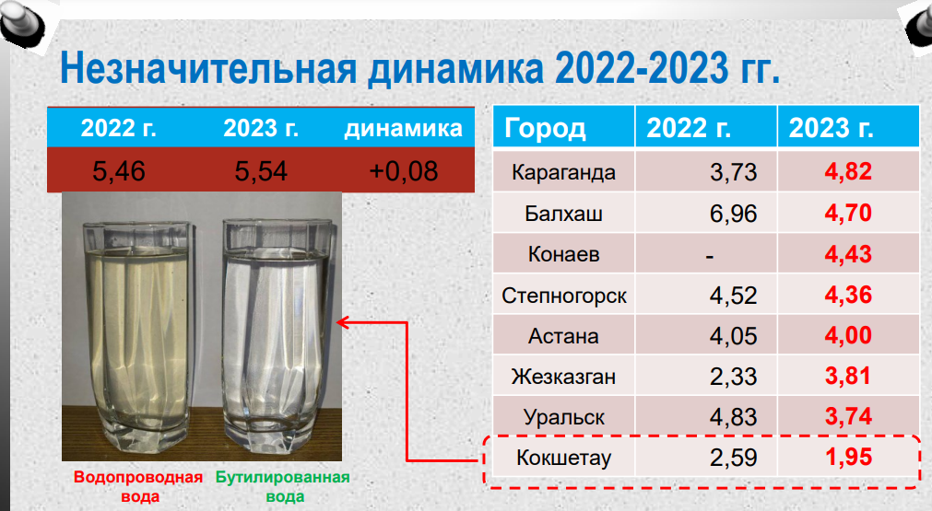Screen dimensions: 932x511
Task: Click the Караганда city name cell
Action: coord(563,172)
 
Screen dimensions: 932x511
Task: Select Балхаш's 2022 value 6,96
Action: coord(733,213)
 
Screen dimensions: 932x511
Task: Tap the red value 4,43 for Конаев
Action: coord(848,254)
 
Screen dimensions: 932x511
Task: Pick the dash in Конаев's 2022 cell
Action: coord(709,257)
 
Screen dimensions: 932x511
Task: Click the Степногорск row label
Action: coord(563,296)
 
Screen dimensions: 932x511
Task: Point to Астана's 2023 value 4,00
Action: coord(848,335)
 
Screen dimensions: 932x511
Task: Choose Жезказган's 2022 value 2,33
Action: coord(733,377)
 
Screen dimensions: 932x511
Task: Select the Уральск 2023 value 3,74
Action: coord(848,417)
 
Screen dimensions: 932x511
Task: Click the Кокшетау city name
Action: coord(563,458)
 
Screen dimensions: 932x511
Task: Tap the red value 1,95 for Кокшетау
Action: coord(848,457)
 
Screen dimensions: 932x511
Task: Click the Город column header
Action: coord(545,129)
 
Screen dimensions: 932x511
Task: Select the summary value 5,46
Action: coord(118,171)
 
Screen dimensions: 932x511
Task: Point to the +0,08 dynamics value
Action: coord(404,171)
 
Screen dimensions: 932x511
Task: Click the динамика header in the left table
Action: coord(403,128)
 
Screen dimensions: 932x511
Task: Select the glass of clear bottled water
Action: coord(277,332)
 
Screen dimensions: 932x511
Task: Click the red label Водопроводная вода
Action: coord(138,487)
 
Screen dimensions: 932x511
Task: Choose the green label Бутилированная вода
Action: coord(283,487)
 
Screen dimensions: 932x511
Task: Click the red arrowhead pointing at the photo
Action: coord(342,322)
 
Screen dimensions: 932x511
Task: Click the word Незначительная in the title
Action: coord(208,67)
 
